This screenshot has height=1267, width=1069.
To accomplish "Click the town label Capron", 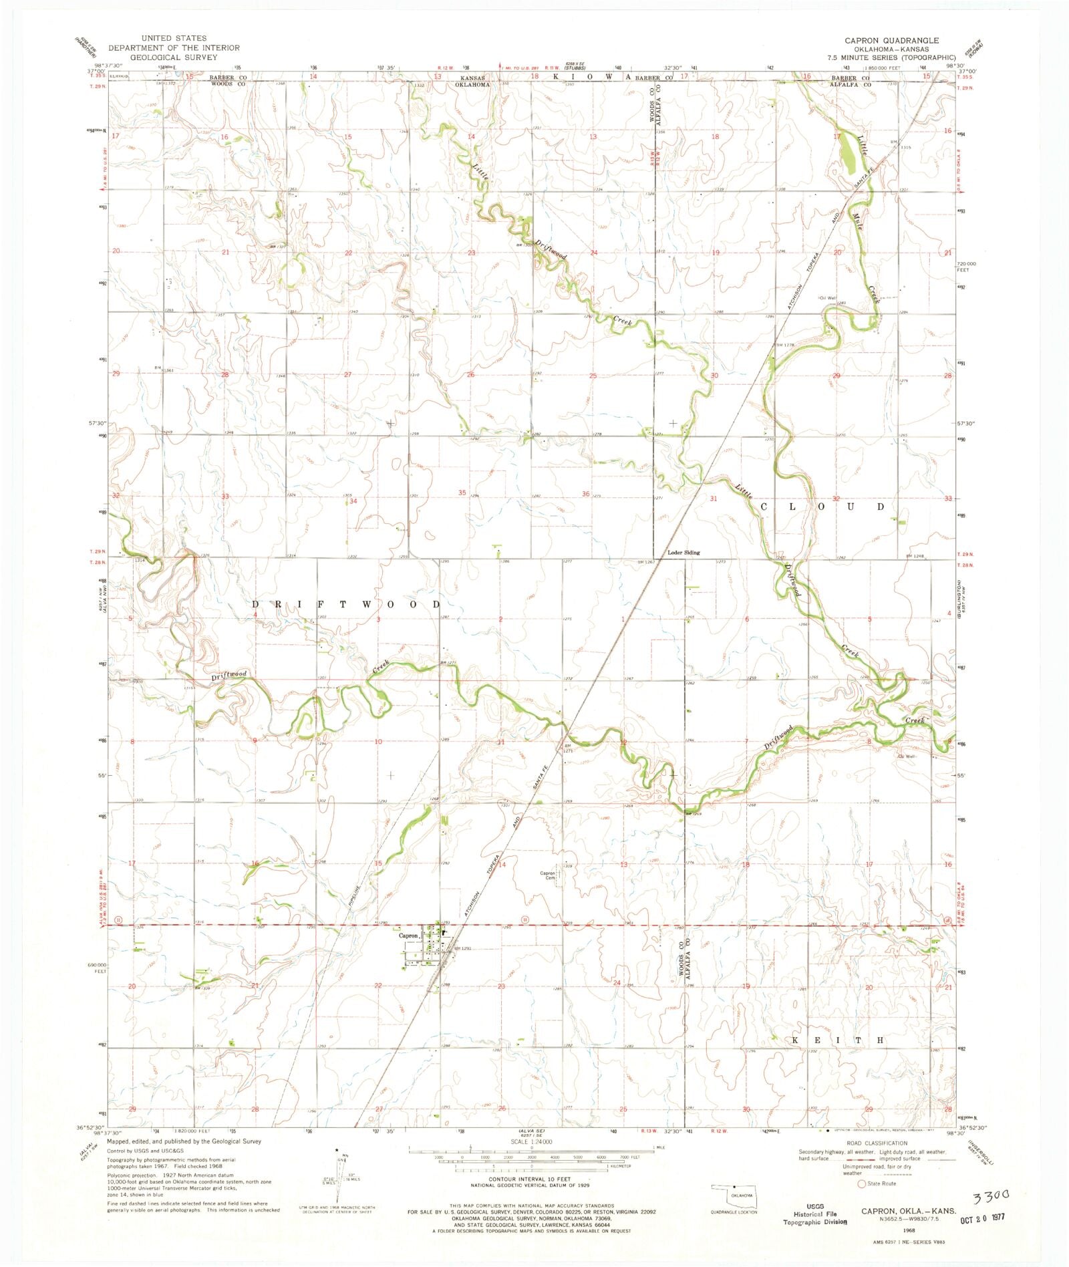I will click(x=408, y=936).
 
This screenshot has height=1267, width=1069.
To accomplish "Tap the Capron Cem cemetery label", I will click(x=548, y=875).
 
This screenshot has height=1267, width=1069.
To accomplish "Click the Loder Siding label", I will click(x=684, y=553).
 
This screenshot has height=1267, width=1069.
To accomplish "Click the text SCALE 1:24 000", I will click(x=531, y=1143).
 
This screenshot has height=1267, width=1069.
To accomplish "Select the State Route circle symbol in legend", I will click(x=862, y=1183).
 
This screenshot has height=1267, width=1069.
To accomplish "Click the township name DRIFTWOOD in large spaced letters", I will click(x=346, y=604).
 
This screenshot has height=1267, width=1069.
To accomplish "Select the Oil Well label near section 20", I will click(x=828, y=298).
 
